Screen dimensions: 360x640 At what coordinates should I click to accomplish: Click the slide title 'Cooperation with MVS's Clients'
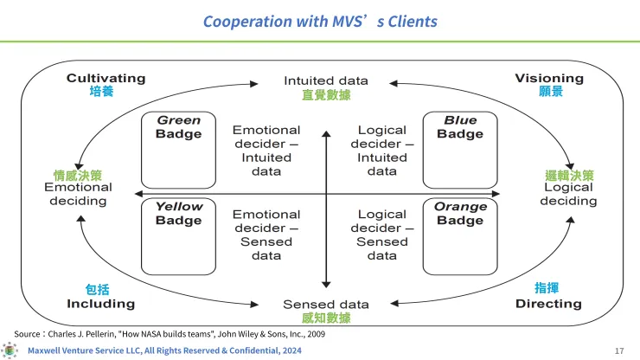click(320, 21)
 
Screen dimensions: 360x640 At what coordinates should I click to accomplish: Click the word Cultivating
click(106, 78)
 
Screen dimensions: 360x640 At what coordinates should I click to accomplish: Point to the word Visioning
click(549, 78)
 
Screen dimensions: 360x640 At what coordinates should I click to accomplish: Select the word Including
click(101, 304)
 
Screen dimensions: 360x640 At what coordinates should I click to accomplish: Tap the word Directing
click(548, 304)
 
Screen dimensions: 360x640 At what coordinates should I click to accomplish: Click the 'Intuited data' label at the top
click(326, 80)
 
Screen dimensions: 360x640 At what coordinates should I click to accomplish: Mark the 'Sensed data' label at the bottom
click(326, 305)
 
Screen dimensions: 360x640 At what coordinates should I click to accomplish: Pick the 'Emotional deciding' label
click(78, 194)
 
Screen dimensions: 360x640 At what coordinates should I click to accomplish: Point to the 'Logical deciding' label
click(568, 194)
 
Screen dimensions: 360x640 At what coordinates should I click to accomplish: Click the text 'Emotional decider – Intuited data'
click(266, 151)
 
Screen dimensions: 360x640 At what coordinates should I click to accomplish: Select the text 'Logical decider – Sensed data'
click(382, 235)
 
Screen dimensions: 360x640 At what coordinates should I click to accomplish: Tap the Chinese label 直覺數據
click(326, 95)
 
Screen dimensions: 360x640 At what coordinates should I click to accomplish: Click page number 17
click(619, 350)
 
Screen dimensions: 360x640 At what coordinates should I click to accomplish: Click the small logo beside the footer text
click(10, 350)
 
